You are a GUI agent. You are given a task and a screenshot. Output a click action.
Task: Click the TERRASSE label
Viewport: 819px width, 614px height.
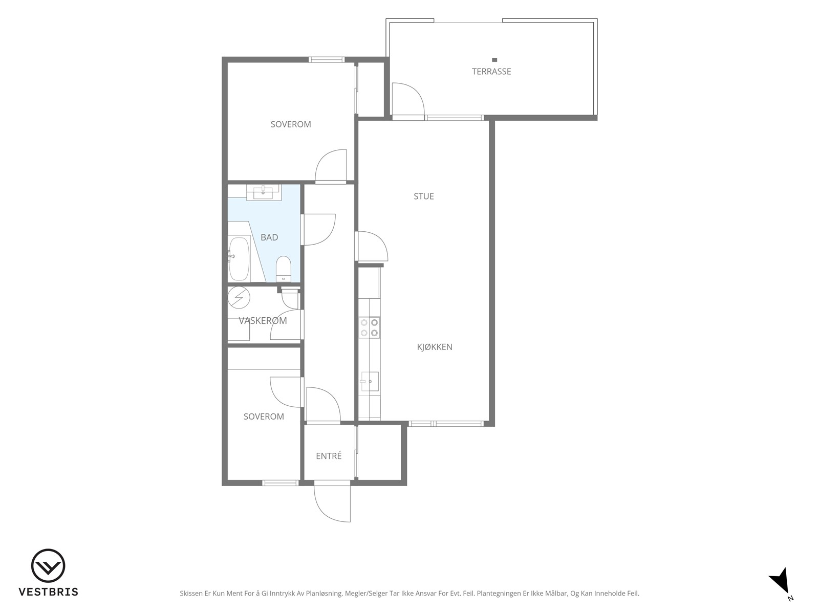491,72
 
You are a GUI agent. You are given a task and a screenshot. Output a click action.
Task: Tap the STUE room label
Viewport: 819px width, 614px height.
423,196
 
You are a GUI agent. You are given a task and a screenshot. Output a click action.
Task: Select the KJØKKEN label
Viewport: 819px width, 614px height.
434,347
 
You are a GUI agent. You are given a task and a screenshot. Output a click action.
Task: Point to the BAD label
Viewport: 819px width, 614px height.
269,237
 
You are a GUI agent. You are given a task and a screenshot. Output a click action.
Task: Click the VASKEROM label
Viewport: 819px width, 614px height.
263,321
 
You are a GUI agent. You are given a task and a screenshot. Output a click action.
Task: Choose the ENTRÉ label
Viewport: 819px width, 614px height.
329,456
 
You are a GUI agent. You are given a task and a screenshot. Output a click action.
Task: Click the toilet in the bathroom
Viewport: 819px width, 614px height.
283,269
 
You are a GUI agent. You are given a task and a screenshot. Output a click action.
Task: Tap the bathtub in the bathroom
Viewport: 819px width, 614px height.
239,259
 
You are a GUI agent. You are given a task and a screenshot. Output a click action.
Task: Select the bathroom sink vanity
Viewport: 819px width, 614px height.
264,192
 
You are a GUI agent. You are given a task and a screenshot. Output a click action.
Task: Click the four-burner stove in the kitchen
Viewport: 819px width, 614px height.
370,327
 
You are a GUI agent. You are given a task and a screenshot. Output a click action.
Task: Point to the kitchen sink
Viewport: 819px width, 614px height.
370,381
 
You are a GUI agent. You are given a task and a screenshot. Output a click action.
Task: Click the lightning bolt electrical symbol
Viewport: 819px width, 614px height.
239,297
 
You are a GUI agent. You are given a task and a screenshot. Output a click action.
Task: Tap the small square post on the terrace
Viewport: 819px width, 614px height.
494,60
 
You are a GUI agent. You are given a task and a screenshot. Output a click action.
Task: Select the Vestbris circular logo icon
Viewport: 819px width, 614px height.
48,566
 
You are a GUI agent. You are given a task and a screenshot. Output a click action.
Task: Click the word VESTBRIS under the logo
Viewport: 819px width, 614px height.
49,591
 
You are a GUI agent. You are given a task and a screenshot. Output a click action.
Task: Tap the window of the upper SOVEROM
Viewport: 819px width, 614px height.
327,60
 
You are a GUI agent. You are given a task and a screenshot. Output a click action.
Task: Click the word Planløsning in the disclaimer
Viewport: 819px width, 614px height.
324,594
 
